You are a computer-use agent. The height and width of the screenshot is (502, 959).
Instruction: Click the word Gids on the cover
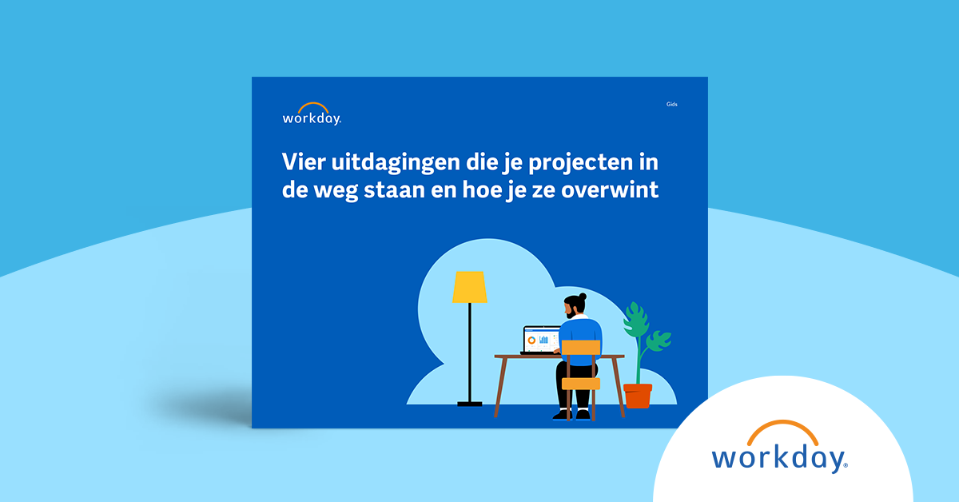(x=671, y=105)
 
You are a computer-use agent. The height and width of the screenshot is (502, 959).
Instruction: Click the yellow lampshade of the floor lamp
(x=469, y=288)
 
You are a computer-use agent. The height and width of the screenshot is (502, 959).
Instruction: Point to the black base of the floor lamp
(x=470, y=403)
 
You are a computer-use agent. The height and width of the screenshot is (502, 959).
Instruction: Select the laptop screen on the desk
(x=541, y=339)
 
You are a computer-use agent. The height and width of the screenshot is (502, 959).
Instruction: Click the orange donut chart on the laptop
(x=531, y=341)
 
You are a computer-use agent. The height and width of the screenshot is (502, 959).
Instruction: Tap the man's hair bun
(x=582, y=297)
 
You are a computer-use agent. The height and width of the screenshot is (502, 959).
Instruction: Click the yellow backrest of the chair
(x=581, y=347)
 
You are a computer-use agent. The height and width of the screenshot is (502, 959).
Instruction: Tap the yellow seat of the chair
(x=581, y=384)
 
